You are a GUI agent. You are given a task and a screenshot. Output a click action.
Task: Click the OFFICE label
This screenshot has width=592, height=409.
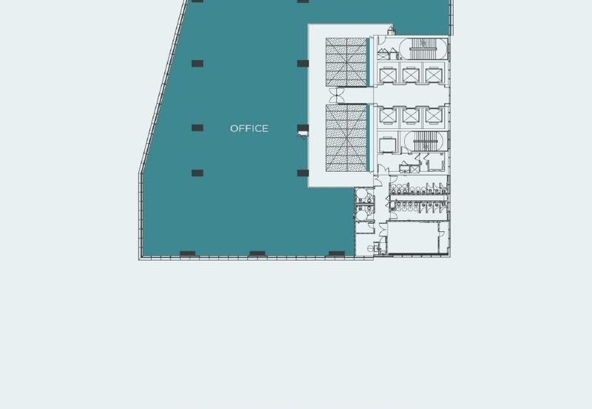[249, 129]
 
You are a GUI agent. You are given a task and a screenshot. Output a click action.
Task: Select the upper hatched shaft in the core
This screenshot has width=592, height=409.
[346, 62]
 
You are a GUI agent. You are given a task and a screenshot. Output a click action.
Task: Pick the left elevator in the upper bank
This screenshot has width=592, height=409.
[389, 75]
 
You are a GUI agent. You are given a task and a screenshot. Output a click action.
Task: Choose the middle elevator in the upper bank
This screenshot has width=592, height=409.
[411, 75]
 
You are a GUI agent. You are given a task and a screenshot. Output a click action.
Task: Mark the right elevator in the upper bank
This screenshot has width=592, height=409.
[432, 75]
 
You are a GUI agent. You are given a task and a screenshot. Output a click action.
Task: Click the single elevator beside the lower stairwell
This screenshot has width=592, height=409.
[388, 142]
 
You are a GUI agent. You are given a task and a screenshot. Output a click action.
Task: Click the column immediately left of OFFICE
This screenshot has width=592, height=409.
[197, 128]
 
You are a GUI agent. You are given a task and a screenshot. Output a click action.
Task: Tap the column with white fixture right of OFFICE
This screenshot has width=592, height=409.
[303, 130]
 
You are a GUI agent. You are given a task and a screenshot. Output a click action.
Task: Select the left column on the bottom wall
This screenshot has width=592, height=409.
[187, 253]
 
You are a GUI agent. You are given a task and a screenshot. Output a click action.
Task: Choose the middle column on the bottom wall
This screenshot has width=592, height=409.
[258, 253]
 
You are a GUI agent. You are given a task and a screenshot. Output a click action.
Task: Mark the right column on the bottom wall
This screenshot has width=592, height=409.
[337, 253]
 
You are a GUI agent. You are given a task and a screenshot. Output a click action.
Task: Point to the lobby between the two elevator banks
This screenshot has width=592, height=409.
[411, 95]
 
